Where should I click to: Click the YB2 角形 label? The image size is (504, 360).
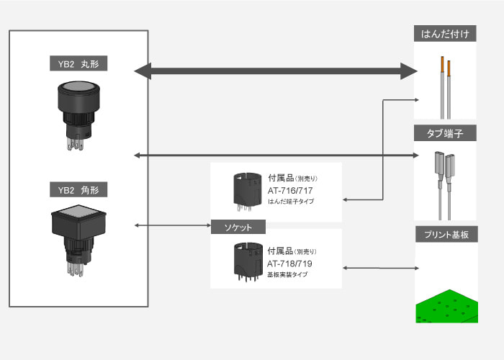[78, 191]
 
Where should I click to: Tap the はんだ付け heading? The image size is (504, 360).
[445, 34]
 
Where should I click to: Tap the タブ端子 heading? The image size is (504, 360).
[445, 133]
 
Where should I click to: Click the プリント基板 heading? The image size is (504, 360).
[445, 235]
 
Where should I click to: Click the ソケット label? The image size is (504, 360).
[238, 227]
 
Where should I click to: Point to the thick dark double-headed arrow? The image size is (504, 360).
[276, 71]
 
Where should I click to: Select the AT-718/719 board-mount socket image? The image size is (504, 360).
[246, 261]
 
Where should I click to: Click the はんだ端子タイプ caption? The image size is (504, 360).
[295, 203]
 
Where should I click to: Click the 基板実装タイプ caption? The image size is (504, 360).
[292, 275]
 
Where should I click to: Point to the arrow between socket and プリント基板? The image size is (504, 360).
[379, 268]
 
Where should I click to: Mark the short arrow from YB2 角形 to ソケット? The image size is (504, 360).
[173, 226]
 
